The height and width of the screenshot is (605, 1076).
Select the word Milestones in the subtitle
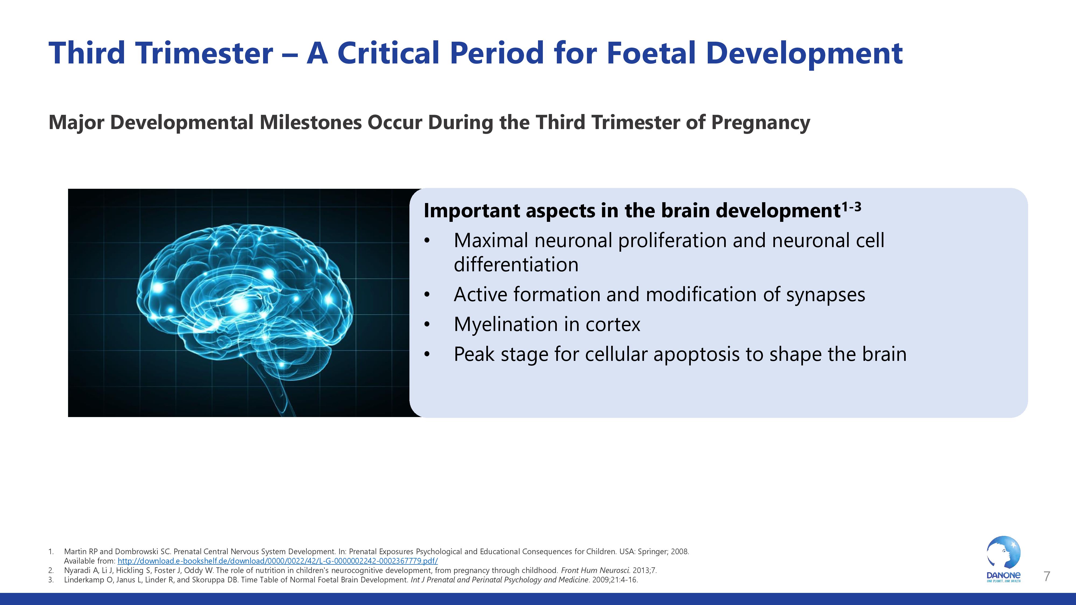(310, 122)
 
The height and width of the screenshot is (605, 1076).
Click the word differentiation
(516, 265)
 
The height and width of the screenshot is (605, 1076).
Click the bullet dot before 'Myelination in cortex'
(426, 325)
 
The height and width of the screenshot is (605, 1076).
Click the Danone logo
(1003, 559)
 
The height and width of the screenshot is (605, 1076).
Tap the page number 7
(1047, 576)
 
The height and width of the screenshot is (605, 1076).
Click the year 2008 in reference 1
(679, 551)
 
